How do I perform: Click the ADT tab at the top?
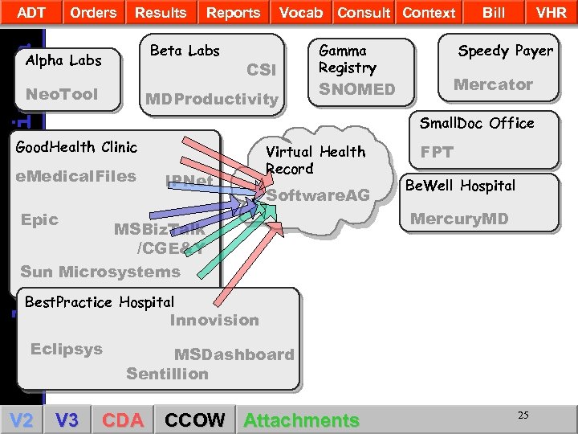31,12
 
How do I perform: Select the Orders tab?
93,12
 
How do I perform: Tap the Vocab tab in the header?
301,12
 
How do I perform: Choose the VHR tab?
551,12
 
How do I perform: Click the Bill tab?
494,12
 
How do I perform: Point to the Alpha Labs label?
63,60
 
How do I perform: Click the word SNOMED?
356,89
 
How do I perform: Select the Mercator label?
493,84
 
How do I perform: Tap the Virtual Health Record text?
315,160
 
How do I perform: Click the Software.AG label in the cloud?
318,195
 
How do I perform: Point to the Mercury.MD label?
459,218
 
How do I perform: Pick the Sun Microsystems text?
100,272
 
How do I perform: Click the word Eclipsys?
67,349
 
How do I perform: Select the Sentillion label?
167,374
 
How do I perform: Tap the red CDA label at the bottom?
123,420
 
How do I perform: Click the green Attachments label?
301,420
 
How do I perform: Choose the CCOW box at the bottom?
195,420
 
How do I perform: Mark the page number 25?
523,415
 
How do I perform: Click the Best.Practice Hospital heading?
100,302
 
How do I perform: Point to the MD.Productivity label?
210,100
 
